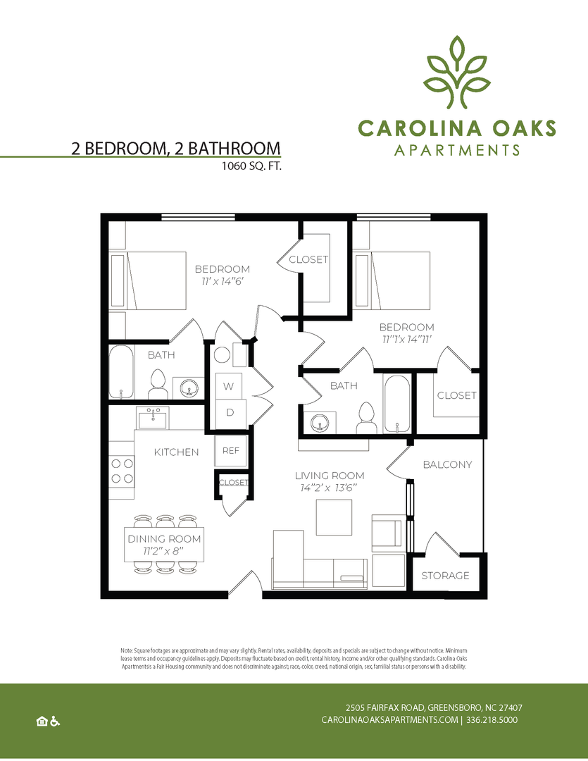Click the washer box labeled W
tap(229, 386)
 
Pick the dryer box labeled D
tap(229, 412)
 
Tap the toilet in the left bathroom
tap(157, 384)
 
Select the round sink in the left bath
tap(188, 387)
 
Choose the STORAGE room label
tap(445, 576)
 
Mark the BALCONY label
tap(447, 464)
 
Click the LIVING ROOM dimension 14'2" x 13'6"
tap(329, 487)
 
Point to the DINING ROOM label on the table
tap(164, 539)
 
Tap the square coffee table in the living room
tap(334, 517)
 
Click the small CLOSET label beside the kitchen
tap(234, 483)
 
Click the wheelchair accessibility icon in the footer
tap(55, 721)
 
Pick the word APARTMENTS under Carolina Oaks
tap(457, 150)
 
